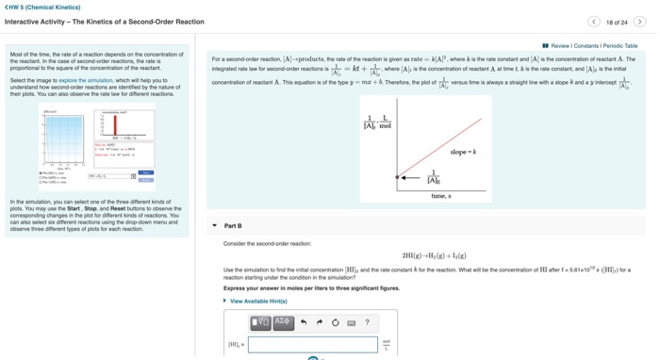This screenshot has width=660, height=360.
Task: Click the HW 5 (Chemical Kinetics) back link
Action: tap(43, 8)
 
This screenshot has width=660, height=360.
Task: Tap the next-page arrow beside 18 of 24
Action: tap(639, 22)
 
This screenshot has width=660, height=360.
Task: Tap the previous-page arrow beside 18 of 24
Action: tap(594, 22)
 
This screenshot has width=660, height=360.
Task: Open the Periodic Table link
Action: tap(620, 45)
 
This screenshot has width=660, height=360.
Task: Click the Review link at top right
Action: tap(559, 45)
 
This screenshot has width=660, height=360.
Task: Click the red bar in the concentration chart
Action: tap(115, 125)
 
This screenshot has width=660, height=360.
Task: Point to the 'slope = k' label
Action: tap(463, 152)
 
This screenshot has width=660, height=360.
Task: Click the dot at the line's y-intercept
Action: tap(397, 177)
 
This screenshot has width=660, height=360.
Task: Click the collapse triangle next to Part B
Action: tap(215, 226)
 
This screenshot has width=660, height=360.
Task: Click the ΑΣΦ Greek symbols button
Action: tap(282, 322)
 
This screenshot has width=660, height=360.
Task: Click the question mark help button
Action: tap(367, 322)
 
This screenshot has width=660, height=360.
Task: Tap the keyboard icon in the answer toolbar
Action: tap(351, 322)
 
